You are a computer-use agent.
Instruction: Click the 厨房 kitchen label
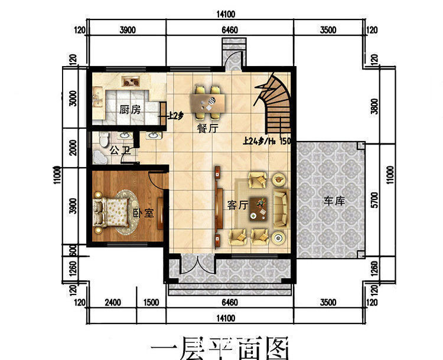pyautogui.click(x=130, y=110)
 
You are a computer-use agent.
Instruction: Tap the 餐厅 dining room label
pyautogui.click(x=206, y=129)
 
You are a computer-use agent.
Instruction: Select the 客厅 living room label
pyautogui.click(x=237, y=205)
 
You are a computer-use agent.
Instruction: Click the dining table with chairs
pyautogui.click(x=211, y=103)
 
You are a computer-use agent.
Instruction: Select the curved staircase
pyautogui.click(x=274, y=106)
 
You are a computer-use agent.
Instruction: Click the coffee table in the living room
pyautogui.click(x=259, y=207)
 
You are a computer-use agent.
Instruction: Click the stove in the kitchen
pyautogui.click(x=129, y=82)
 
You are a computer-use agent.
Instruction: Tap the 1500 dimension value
pyautogui.click(x=151, y=303)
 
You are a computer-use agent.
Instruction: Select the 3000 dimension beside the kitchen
pyautogui.click(x=73, y=98)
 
